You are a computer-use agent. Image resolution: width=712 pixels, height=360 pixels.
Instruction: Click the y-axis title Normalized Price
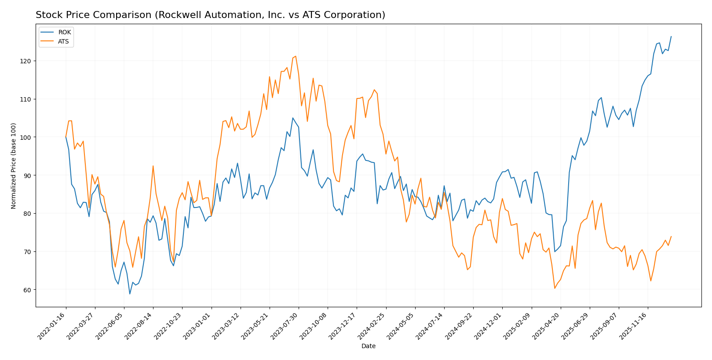click(x=14, y=166)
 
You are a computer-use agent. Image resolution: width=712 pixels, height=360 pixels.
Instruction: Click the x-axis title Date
click(x=368, y=346)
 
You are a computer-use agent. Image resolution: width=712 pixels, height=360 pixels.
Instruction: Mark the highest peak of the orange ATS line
click(x=296, y=56)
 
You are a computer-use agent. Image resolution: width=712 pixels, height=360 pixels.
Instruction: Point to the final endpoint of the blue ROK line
click(x=671, y=36)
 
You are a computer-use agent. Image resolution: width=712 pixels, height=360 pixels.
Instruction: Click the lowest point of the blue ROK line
click(x=130, y=294)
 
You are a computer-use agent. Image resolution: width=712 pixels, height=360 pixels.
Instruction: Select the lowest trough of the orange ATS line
click(x=555, y=288)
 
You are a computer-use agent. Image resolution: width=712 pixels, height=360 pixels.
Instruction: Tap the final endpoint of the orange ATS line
click(x=671, y=236)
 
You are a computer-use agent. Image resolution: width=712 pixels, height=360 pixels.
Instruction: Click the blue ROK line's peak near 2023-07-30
click(x=292, y=118)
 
